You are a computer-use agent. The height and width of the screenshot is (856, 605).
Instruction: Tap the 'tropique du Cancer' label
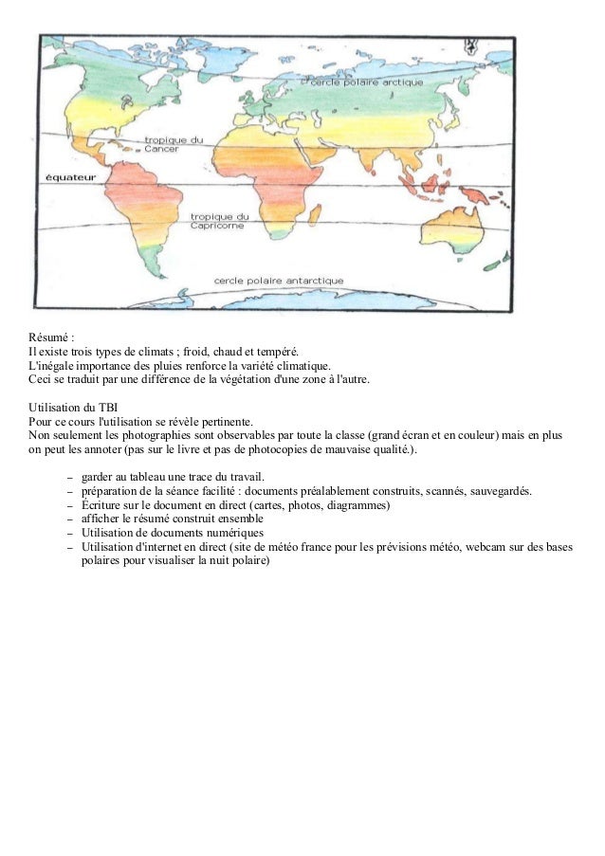173,144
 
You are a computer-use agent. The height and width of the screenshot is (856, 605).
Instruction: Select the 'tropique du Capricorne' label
218,221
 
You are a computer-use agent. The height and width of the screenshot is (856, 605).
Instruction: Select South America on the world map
141,209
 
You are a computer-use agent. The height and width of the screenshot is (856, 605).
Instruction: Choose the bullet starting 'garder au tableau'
173,476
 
